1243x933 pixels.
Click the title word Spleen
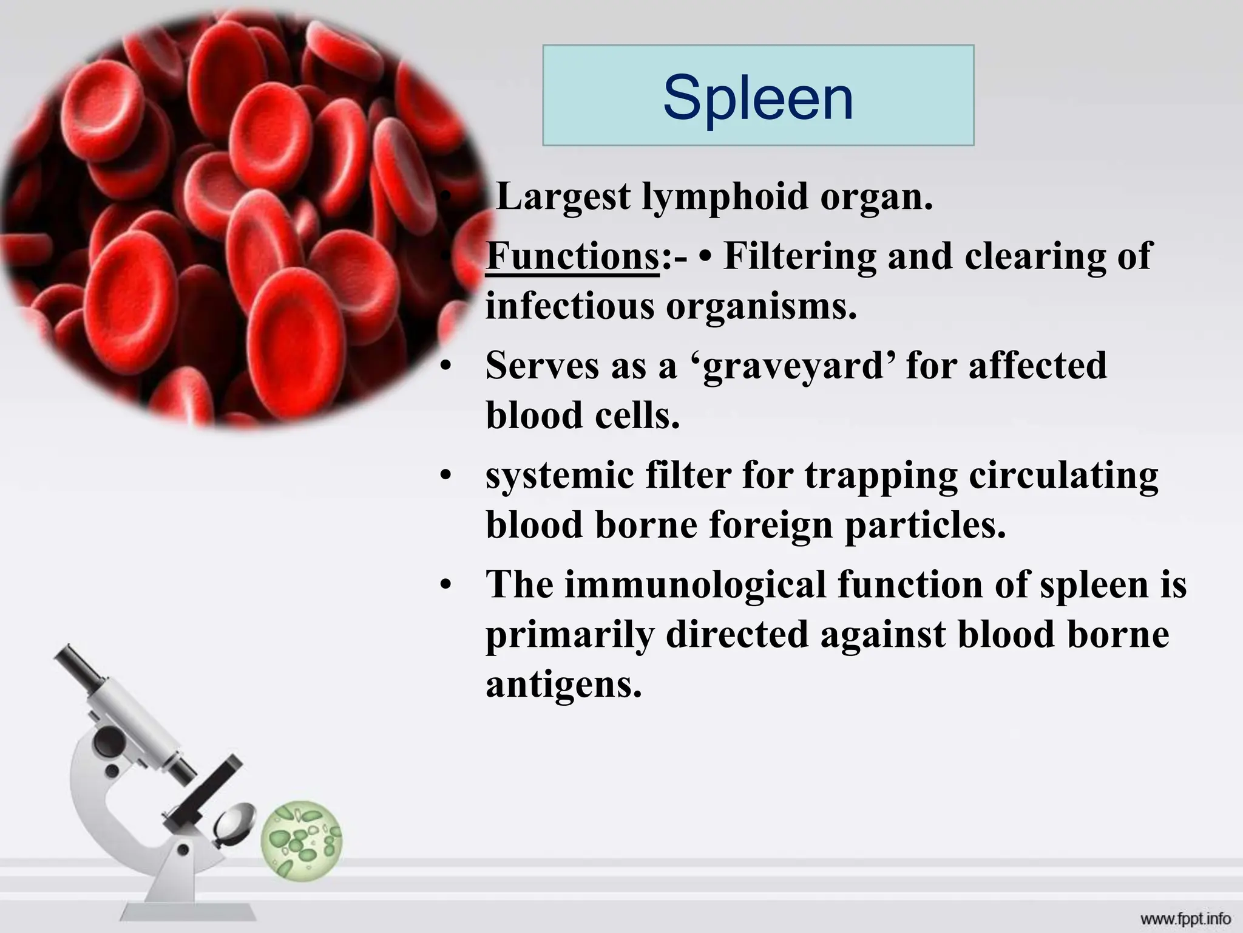click(x=758, y=97)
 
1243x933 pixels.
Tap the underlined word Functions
click(x=572, y=257)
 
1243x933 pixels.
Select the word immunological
click(x=696, y=585)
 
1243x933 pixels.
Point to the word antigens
click(x=563, y=685)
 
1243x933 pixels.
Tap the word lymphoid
click(x=725, y=197)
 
